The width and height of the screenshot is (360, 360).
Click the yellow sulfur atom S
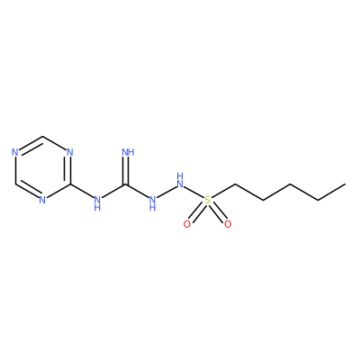point(208,200)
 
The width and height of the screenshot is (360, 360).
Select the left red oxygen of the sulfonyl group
point(187,224)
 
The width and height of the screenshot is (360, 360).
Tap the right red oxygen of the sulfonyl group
point(228,224)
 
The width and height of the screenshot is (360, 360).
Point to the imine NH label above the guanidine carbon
point(129,152)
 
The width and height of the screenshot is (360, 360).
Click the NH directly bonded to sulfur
point(180,180)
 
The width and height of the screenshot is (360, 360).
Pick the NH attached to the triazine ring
point(97,203)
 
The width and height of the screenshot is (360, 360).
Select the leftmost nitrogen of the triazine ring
point(14,152)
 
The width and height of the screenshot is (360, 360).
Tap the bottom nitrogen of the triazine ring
point(42,200)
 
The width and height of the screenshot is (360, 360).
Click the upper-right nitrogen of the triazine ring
point(70,152)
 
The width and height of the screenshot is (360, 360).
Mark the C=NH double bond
point(125,170)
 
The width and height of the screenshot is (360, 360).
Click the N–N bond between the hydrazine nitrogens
point(166,192)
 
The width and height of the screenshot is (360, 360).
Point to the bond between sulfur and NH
point(193,192)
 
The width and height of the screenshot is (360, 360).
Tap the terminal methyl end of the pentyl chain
point(346,184)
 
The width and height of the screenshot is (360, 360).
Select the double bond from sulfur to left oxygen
point(197,212)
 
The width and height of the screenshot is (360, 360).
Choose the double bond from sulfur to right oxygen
point(218,212)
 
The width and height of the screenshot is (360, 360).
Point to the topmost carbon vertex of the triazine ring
point(42,136)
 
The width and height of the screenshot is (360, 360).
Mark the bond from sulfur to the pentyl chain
point(223,191)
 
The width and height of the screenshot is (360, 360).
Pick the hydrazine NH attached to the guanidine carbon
point(152,203)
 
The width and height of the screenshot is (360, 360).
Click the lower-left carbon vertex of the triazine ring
point(14,184)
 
